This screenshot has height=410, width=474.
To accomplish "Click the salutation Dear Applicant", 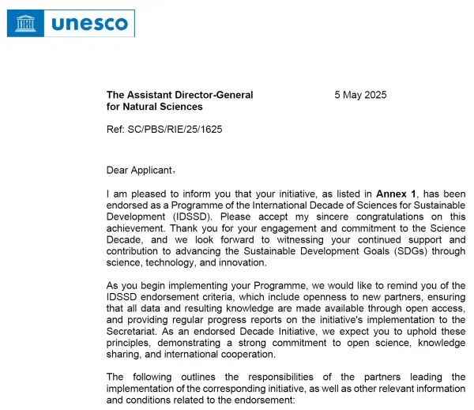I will pos(139,169).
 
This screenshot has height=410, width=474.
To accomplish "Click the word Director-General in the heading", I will pos(213,95).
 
